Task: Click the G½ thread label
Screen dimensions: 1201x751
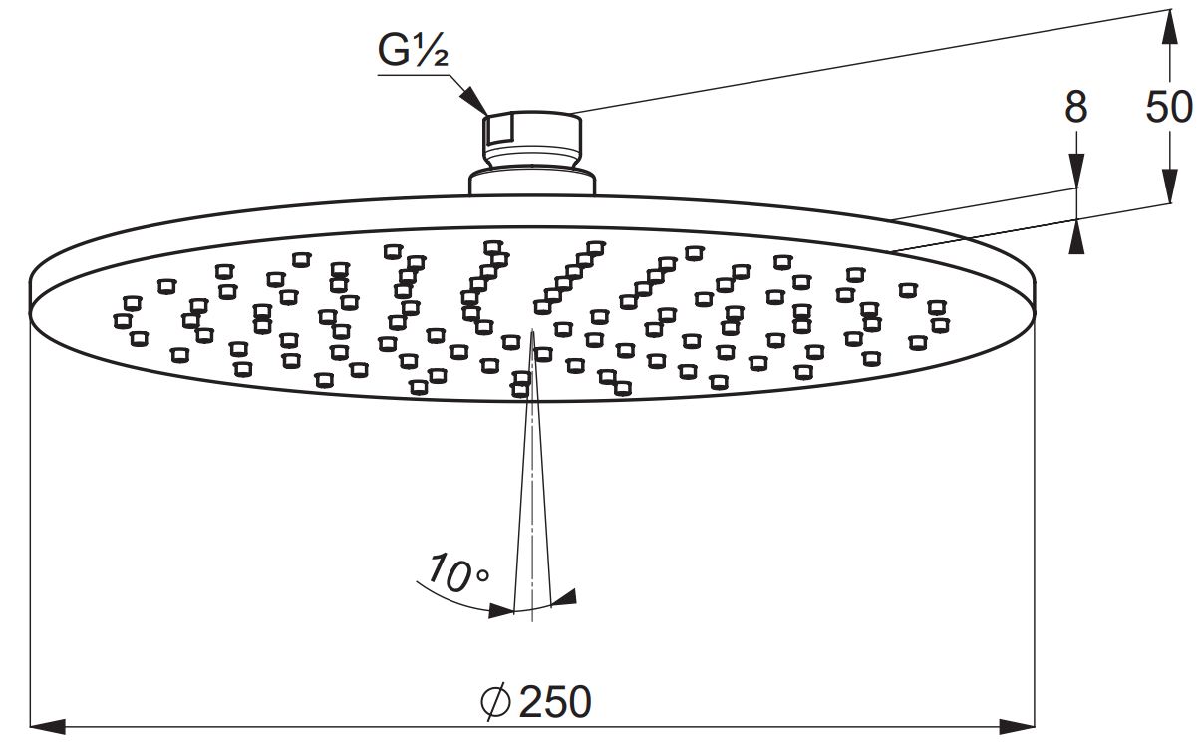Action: (x=413, y=51)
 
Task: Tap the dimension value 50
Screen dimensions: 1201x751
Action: (x=1169, y=108)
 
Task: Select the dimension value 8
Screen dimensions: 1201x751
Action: (x=1076, y=108)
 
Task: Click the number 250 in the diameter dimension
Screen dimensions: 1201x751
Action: (x=555, y=702)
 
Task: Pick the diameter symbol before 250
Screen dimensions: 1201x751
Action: (x=496, y=702)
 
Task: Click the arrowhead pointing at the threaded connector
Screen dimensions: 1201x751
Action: (x=475, y=101)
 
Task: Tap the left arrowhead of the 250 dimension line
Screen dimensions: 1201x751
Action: (x=47, y=727)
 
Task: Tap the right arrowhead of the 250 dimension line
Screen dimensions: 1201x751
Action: (x=1017, y=727)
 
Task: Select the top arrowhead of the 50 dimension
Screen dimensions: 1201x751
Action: (x=1169, y=27)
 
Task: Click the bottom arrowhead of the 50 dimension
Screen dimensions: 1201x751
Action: (x=1169, y=187)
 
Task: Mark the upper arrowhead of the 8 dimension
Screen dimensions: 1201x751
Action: (x=1076, y=171)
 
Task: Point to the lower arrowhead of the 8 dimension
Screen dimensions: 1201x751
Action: (x=1076, y=236)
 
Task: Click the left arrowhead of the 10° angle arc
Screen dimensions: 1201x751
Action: (x=502, y=611)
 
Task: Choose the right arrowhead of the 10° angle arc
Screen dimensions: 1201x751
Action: (x=563, y=597)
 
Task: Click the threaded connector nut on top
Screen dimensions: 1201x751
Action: (x=532, y=139)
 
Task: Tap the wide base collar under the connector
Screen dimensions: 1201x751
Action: (x=532, y=182)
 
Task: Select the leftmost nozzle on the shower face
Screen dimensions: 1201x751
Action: (x=123, y=321)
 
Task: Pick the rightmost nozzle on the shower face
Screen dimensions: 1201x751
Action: (x=941, y=325)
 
